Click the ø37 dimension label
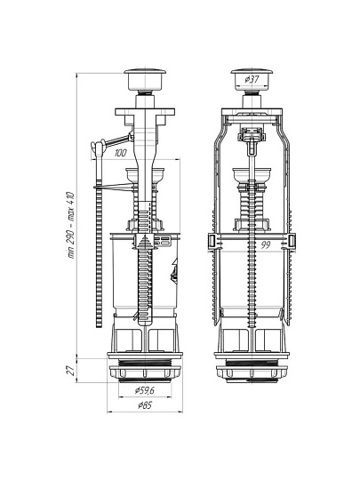252,80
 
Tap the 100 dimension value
120,153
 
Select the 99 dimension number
266,245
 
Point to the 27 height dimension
71,370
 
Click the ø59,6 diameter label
145,390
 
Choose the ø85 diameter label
145,405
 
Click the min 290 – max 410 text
70,225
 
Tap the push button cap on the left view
145,80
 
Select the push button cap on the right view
252,80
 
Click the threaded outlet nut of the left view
145,372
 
